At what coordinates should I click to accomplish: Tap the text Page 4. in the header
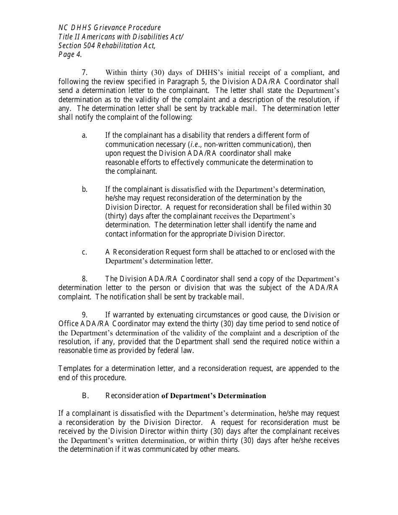point(70,54)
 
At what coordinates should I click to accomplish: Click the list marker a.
point(84,135)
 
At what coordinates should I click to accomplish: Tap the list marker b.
point(84,189)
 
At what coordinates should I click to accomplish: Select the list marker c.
point(84,252)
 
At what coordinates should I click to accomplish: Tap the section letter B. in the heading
point(85,396)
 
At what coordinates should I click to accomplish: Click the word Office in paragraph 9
point(68,324)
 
